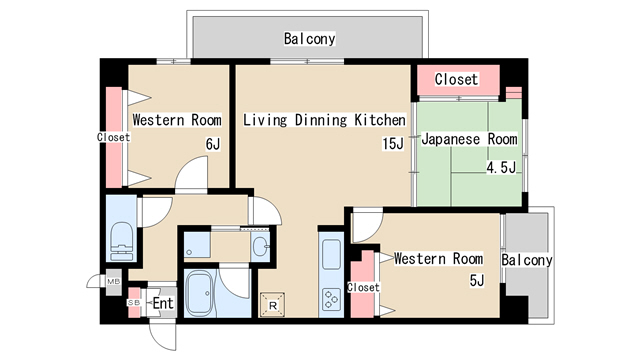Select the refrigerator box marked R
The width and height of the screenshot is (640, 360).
coord(273,302)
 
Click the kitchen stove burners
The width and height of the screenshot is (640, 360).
coord(331,298)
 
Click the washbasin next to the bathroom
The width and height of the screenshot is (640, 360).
coord(261,245)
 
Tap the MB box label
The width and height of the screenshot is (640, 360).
coord(113,282)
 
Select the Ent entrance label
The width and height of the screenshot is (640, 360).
coord(162,302)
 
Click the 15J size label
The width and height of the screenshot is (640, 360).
coord(393,143)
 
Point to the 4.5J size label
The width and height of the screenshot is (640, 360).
coord(500,167)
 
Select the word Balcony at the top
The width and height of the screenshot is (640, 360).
coord(309,39)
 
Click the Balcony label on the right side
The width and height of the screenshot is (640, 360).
coord(527,260)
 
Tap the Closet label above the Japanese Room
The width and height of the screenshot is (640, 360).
coord(456,78)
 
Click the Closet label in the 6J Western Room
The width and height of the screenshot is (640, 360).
coord(113,137)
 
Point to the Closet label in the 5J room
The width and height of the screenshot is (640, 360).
coord(363,287)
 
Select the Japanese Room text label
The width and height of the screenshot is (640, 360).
coord(469,139)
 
